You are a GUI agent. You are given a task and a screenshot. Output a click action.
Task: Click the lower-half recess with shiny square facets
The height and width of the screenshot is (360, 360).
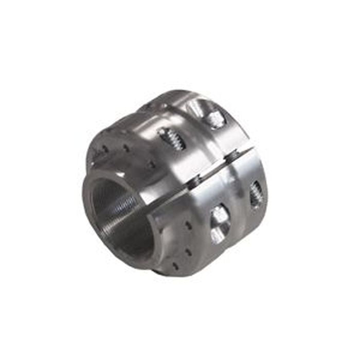pos(219,222)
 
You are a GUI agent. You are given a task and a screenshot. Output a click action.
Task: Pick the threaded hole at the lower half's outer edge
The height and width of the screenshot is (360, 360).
pos(256,194)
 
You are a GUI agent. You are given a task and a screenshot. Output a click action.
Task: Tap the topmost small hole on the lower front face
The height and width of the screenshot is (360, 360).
pos(189,225)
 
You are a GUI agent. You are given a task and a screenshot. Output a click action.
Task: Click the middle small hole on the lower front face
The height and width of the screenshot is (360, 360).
pos(187,252)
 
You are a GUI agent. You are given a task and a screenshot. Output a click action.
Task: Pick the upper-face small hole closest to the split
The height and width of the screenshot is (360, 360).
pos(151,166)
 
